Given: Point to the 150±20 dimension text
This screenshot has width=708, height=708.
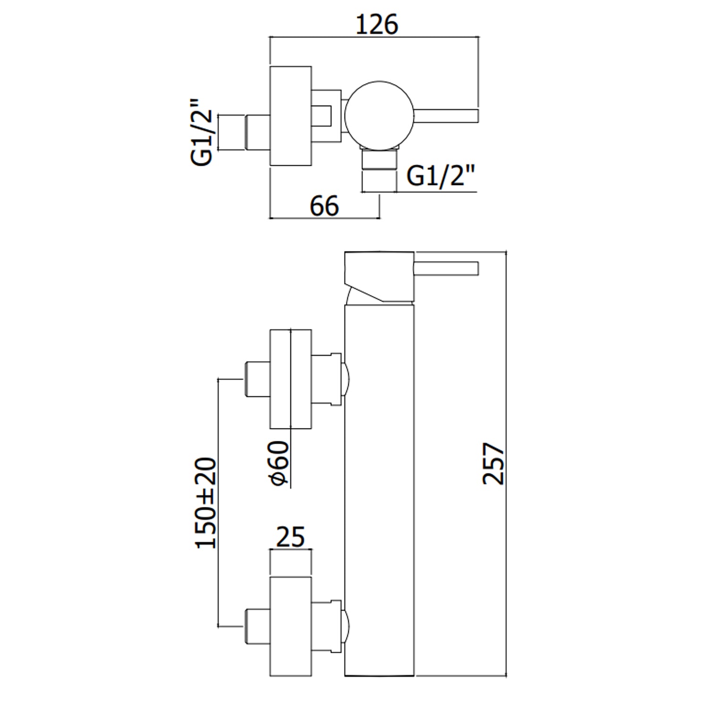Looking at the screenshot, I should [x=206, y=503].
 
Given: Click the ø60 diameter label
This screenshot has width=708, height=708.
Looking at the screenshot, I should [x=278, y=463].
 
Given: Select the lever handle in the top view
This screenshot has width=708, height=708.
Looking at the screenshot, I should [x=447, y=115].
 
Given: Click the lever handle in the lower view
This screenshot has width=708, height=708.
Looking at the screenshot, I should [x=447, y=268].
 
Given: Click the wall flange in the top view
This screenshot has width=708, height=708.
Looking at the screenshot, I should [x=290, y=116].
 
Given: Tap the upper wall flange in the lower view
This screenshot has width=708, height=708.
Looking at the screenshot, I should [x=290, y=379].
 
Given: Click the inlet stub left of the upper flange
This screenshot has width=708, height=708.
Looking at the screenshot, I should [x=257, y=379].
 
